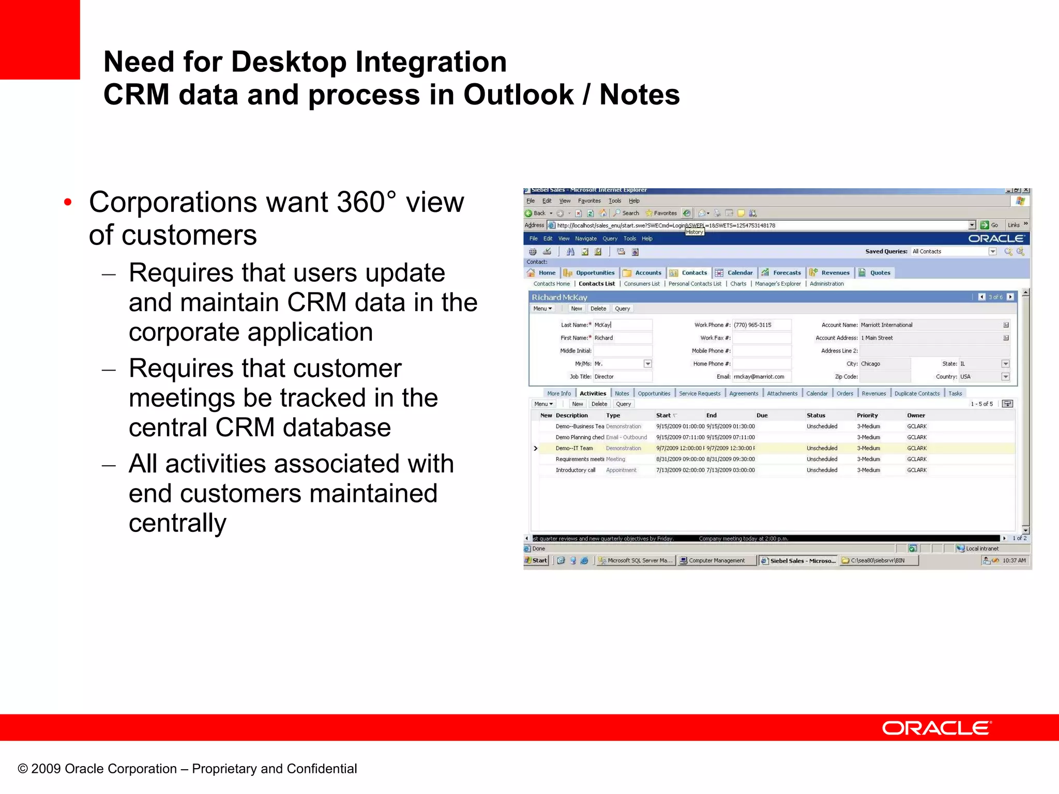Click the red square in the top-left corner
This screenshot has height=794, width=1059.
coord(40,39)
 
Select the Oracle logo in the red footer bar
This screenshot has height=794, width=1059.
coord(936,728)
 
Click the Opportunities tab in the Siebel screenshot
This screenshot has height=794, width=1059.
coord(595,273)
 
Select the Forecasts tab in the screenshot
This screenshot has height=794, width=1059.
coord(786,273)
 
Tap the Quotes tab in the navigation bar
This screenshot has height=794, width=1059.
coord(880,273)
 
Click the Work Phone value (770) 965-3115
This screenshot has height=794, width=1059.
coord(752,325)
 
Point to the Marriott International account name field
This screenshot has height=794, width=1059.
coord(886,325)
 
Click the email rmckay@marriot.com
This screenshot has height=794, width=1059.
coord(759,377)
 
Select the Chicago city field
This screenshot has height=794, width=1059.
coord(870,364)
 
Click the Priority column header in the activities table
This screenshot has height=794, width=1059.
coord(867,416)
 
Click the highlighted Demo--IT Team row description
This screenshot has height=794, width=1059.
coord(574,449)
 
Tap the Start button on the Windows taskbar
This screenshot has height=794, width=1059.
coord(536,560)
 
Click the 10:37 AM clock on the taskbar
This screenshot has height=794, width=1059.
coord(1013,560)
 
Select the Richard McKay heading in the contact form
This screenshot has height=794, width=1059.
coord(559,297)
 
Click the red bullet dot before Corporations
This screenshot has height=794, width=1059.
coord(68,202)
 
